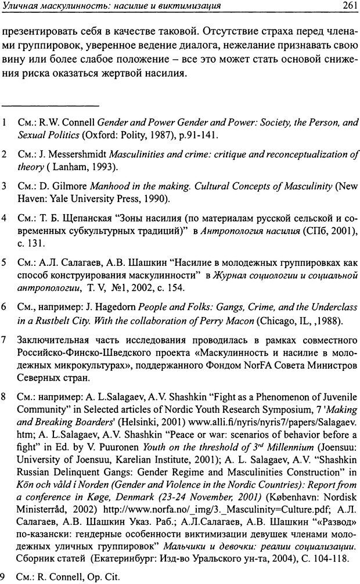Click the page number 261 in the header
tap(347, 7)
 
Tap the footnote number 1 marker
tap(4, 123)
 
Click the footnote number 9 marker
tap(4, 576)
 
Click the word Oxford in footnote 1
tap(106, 135)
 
